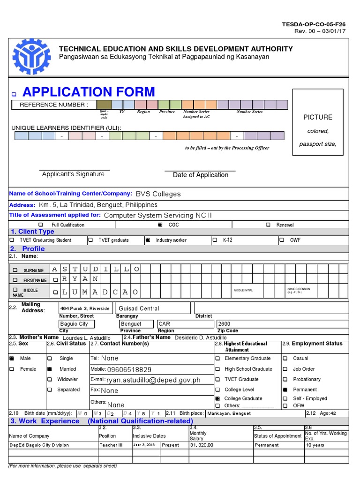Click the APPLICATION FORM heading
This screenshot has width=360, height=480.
(89, 91)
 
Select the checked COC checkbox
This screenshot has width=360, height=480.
(160, 225)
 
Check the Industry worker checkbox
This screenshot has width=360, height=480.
(148, 240)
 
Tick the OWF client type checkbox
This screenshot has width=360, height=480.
(281, 240)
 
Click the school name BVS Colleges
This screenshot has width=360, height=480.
(158, 194)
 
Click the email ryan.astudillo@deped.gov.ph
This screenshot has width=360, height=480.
(153, 380)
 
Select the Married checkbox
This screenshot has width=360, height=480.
(50, 369)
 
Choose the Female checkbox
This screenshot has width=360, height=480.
(12, 369)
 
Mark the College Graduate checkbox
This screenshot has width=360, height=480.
(217, 398)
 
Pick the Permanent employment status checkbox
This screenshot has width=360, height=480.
(285, 390)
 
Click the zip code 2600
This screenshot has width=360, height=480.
(225, 324)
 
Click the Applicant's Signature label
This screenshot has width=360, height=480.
(73, 174)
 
